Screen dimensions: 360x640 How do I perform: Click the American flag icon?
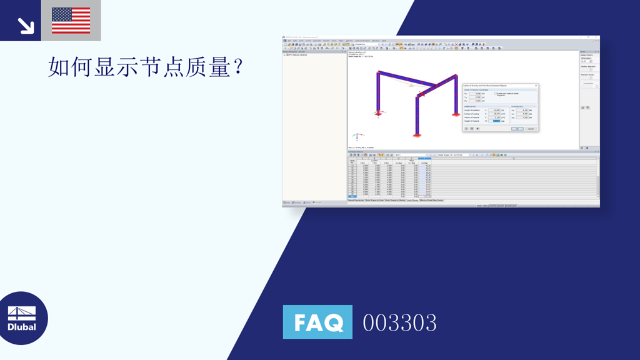point(71,20)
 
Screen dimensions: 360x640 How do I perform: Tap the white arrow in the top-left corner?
point(26,25)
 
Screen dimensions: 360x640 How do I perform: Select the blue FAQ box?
point(317,322)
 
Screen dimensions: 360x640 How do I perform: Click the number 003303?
point(400,322)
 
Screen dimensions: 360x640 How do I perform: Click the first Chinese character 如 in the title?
point(58,67)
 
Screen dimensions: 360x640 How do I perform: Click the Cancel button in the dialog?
point(531,129)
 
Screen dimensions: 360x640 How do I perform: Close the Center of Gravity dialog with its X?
point(536,86)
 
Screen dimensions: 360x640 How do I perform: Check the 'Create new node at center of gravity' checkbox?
point(496,94)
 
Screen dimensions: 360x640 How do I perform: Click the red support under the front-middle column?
point(416,135)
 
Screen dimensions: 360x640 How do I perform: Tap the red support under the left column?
point(377,114)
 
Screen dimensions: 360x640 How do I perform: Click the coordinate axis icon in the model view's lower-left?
point(356,136)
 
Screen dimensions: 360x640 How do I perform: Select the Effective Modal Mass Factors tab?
point(431,201)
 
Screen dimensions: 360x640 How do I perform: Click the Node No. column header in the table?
point(352,161)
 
